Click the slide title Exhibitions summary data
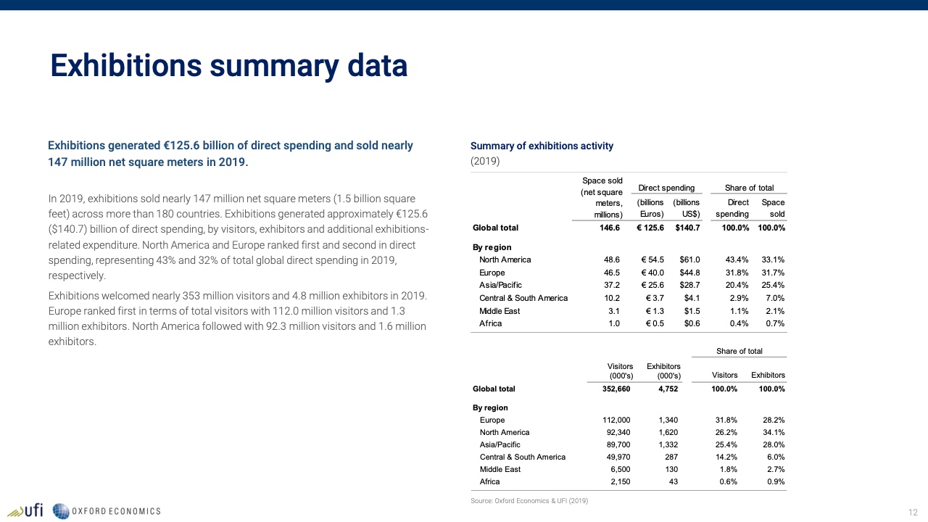click(x=228, y=66)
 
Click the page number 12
click(x=913, y=512)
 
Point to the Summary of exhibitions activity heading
click(x=542, y=146)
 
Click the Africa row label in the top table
click(x=490, y=323)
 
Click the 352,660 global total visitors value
click(x=616, y=389)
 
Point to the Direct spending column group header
click(x=666, y=188)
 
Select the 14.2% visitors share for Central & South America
click(x=726, y=457)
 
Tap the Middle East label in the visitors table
click(x=500, y=469)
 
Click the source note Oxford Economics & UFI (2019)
click(x=529, y=501)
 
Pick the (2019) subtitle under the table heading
click(x=485, y=161)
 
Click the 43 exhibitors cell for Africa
click(x=673, y=481)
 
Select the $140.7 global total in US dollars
click(x=687, y=228)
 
